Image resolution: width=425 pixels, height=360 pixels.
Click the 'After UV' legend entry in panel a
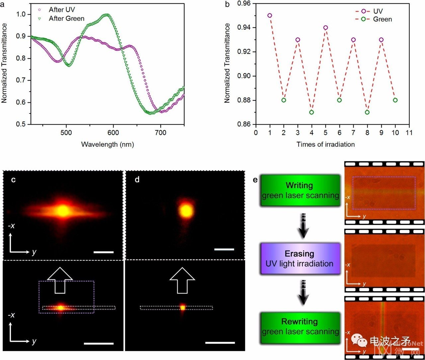[x=61, y=10]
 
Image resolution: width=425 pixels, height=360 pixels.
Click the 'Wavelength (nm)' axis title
[x=107, y=145]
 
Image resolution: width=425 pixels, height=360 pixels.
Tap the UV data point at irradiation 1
[x=270, y=16]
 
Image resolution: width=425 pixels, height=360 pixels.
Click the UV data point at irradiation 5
[x=325, y=28]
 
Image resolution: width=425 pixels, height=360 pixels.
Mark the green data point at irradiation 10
[x=395, y=100]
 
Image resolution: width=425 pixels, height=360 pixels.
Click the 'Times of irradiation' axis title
[x=325, y=144]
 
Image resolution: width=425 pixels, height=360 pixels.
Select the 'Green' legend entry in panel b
[x=382, y=19]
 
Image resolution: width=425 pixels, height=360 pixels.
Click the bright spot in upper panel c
[x=62, y=210]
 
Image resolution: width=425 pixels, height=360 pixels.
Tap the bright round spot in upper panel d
[x=186, y=210]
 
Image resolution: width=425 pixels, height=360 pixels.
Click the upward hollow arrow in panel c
[x=60, y=279]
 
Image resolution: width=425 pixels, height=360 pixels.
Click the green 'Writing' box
[x=300, y=190]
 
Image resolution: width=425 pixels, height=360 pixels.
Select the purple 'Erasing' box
[x=300, y=259]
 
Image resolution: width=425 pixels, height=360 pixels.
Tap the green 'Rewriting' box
[x=300, y=326]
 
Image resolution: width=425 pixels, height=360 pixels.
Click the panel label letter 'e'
[x=255, y=180]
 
